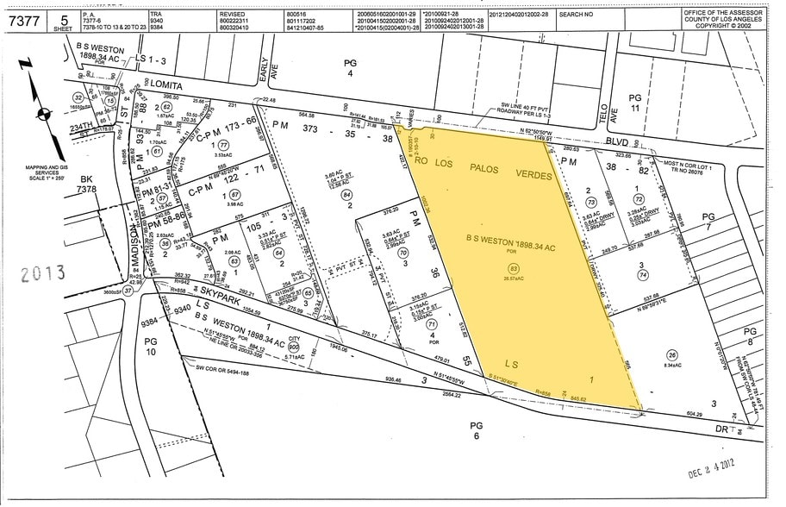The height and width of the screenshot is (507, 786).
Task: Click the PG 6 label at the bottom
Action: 476,430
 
